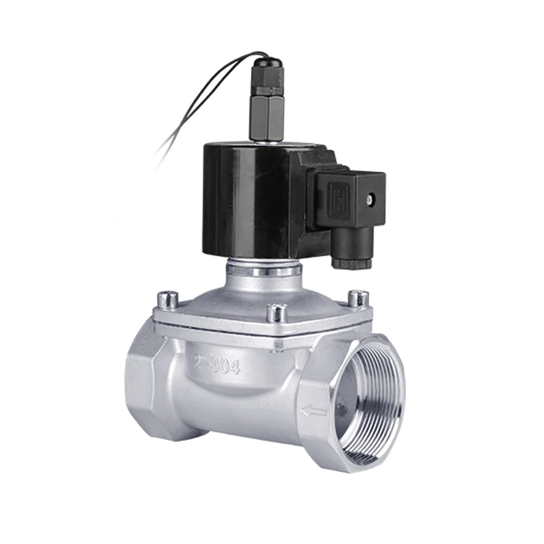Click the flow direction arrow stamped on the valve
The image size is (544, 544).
(x=313, y=411)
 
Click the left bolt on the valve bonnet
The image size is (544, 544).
(x=167, y=299)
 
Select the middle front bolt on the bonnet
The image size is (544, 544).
(x=276, y=313)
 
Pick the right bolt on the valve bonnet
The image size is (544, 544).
(x=358, y=299)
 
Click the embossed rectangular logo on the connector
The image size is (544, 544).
(x=337, y=198)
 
